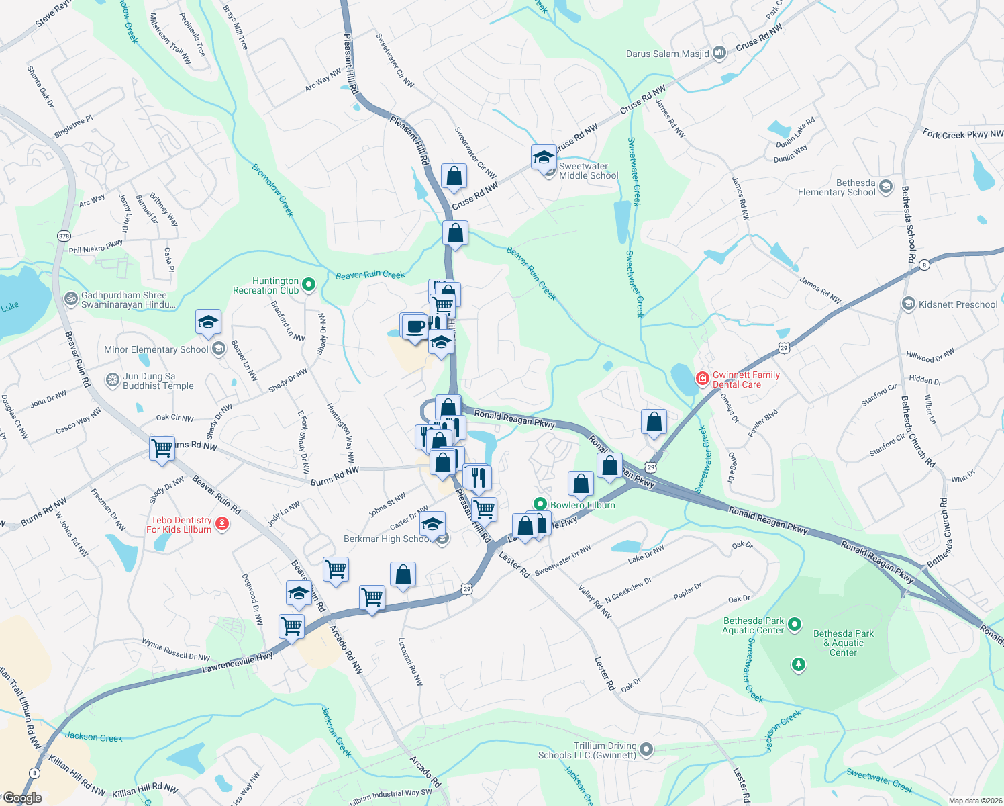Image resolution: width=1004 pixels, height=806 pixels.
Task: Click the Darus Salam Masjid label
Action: pyautogui.click(x=667, y=54)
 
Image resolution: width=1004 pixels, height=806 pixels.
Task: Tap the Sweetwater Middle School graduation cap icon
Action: pyautogui.click(x=544, y=158)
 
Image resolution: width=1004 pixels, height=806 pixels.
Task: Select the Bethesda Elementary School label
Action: pyautogui.click(x=836, y=187)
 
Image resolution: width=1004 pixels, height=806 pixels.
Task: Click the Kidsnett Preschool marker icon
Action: pyautogui.click(x=909, y=304)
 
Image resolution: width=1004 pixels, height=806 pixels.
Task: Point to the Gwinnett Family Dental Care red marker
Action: pyautogui.click(x=702, y=379)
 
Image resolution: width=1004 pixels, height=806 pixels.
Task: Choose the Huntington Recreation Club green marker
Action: pyautogui.click(x=309, y=285)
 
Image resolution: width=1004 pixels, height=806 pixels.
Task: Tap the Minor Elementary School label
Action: pyautogui.click(x=156, y=349)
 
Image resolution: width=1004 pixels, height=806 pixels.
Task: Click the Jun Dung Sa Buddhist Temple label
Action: pyautogui.click(x=158, y=382)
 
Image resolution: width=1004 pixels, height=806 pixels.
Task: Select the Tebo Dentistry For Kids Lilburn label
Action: pyautogui.click(x=181, y=525)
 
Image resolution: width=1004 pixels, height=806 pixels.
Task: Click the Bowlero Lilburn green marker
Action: pyautogui.click(x=540, y=504)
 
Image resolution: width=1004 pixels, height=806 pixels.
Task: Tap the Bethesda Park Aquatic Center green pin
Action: pyautogui.click(x=795, y=625)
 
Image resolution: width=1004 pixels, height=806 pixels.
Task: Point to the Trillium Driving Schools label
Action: pyautogui.click(x=587, y=750)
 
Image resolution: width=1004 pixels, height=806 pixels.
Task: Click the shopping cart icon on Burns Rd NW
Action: pyautogui.click(x=162, y=448)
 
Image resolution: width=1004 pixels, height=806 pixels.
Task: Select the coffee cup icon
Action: pyautogui.click(x=415, y=327)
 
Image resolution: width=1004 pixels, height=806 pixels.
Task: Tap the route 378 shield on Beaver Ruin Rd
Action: pyautogui.click(x=64, y=236)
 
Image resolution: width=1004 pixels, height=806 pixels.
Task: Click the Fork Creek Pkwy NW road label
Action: pyautogui.click(x=962, y=134)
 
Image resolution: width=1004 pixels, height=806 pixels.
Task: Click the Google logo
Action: pyautogui.click(x=22, y=798)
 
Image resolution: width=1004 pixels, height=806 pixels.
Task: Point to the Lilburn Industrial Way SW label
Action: pyautogui.click(x=391, y=797)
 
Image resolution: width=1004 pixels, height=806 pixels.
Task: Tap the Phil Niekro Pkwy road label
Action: pyautogui.click(x=96, y=247)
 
